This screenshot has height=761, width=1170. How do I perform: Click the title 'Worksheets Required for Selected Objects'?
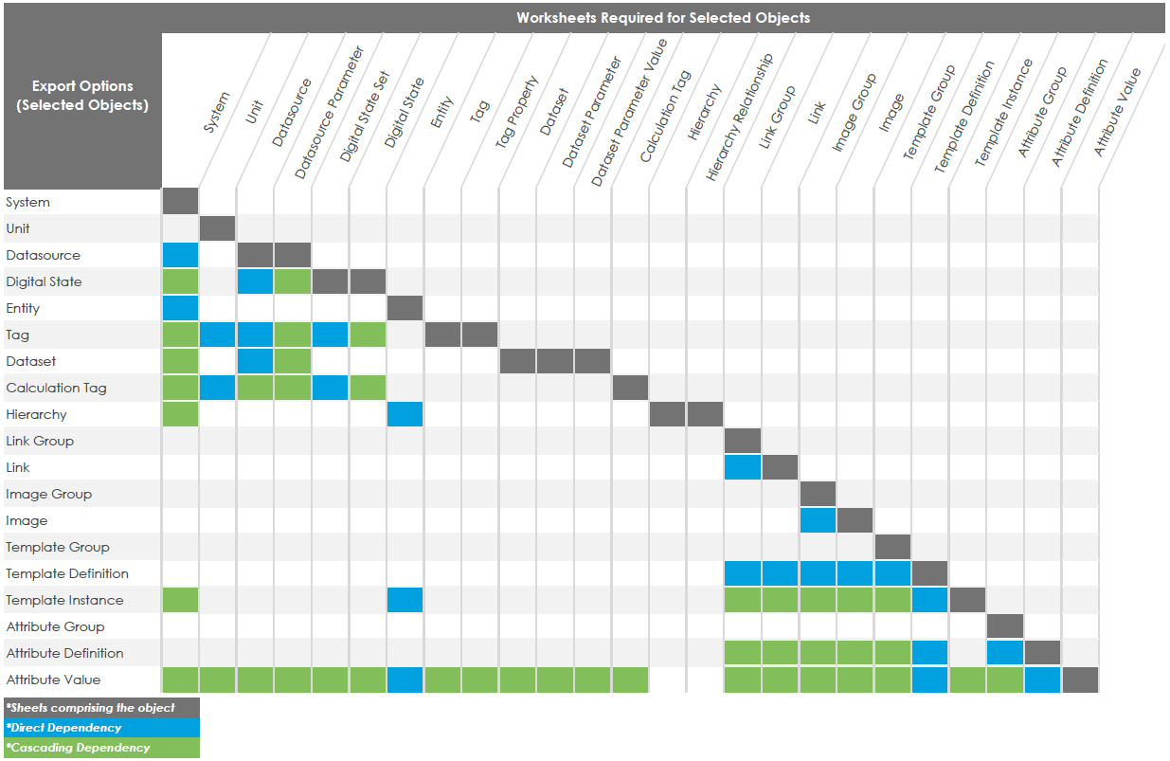[x=662, y=17]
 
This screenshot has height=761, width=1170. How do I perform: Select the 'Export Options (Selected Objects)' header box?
[x=82, y=96]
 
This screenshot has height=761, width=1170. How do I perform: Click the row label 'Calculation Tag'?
[x=56, y=388]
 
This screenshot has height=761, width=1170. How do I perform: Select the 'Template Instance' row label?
[x=64, y=600]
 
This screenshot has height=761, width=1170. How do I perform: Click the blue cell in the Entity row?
[x=180, y=308]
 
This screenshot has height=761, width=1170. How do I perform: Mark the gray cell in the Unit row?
[x=217, y=228]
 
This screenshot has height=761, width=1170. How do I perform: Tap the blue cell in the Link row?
[x=743, y=467]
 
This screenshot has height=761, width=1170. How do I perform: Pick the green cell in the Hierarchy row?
[x=180, y=414]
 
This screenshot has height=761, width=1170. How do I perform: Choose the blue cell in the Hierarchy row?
[x=405, y=414]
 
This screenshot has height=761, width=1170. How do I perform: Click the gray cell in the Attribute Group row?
[x=1004, y=626]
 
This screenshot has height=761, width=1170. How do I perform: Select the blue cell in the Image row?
[x=818, y=520]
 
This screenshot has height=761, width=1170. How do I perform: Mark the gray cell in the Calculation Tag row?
[x=630, y=388]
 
